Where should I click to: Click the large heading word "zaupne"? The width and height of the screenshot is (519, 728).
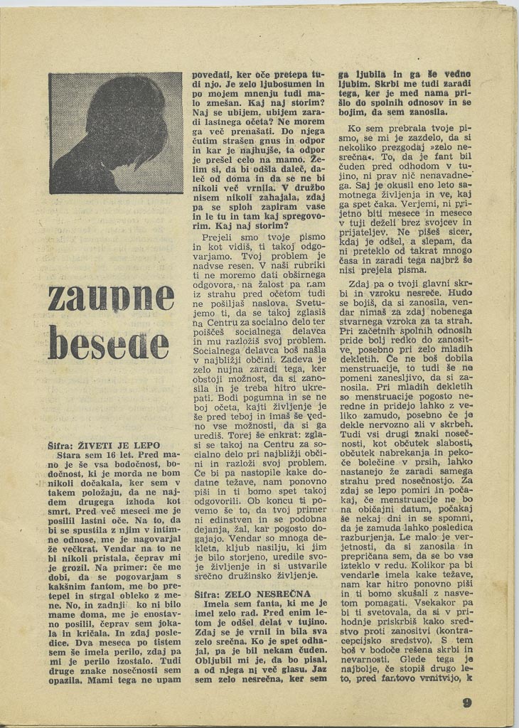pos(112,295)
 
